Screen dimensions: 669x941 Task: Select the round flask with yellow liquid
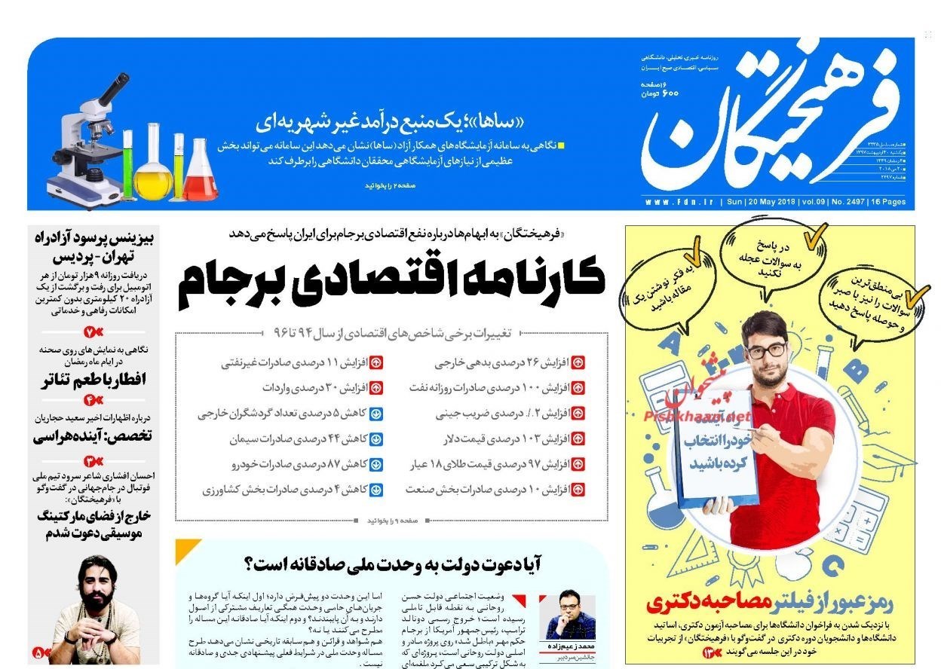152,170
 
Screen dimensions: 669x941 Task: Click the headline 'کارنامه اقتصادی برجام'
391,281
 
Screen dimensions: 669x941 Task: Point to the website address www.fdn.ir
681,203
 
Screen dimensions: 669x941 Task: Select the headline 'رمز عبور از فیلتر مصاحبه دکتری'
770,602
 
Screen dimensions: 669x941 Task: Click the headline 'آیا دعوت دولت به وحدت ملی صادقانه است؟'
393,563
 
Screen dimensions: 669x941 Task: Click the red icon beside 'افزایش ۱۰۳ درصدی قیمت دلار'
578,438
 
